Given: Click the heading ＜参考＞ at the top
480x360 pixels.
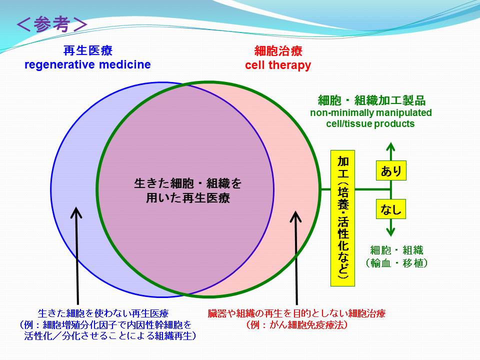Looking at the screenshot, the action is coord(51,24).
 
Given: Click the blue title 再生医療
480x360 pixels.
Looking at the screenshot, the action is coord(88,50).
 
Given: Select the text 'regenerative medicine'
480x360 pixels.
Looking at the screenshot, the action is coord(87,64).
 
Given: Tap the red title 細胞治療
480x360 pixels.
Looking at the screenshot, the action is coord(278,51).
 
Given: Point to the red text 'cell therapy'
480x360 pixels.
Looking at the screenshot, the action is coord(278,65).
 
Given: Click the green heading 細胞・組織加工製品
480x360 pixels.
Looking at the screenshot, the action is coord(371,100).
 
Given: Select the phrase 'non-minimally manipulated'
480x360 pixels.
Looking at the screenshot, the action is coord(371,112).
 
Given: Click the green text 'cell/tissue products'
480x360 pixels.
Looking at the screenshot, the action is coord(370,123).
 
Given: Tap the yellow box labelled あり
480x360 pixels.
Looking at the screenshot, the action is coord(391,170).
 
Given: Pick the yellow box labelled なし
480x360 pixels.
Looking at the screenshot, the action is coord(391,209).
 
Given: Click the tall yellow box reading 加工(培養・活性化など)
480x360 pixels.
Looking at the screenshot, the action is coord(342,218).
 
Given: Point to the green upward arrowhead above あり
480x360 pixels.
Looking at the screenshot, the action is coord(390,147).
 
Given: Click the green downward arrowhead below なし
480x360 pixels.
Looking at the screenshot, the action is coord(390,231).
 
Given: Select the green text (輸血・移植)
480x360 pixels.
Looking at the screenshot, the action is coord(396,263).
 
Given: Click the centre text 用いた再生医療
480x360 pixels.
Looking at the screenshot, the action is coord(188,198).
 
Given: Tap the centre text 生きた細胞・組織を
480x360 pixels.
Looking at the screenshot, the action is coord(188,183).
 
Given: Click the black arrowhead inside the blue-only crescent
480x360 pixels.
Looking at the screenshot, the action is coord(76,212).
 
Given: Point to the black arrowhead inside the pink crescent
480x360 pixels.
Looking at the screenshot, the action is coord(295,216).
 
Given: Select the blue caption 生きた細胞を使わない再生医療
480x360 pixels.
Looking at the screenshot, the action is coord(103,313).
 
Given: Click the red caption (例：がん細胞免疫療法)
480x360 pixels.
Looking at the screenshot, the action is coord(296,325).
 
